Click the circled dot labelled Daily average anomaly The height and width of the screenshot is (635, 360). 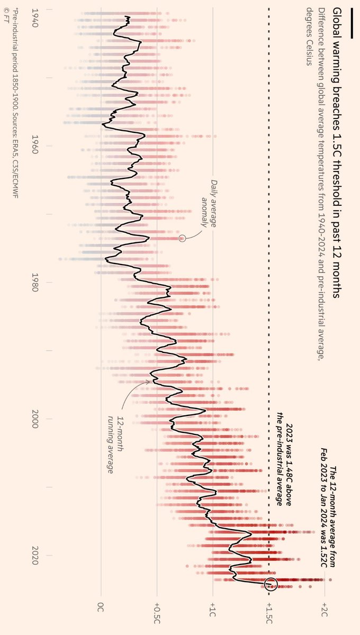point(182,238)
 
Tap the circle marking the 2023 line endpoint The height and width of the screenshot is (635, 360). point(271,584)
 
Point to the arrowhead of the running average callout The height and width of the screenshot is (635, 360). point(149,381)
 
